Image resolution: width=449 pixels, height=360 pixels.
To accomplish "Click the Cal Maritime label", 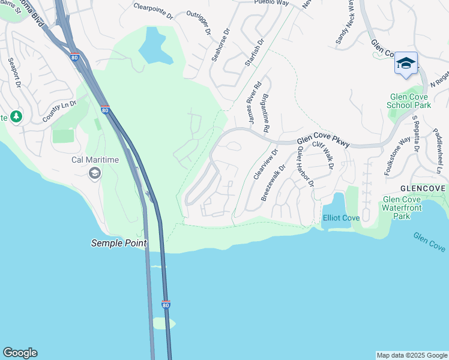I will [x=95, y=160].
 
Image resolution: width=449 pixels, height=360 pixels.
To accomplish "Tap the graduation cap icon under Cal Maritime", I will [x=94, y=173].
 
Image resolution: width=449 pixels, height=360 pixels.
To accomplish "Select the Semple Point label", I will [x=119, y=243].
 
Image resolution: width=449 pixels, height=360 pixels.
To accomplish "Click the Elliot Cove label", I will [x=341, y=218].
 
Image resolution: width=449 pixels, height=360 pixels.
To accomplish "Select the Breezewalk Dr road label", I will [x=271, y=186].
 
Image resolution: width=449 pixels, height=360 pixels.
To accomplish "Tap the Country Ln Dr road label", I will [x=59, y=112].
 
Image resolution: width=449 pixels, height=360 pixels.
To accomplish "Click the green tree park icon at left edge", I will [x=16, y=116].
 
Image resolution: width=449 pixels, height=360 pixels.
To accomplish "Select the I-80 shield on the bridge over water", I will [x=166, y=305].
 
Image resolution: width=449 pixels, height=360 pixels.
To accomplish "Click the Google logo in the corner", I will [x=20, y=353].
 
